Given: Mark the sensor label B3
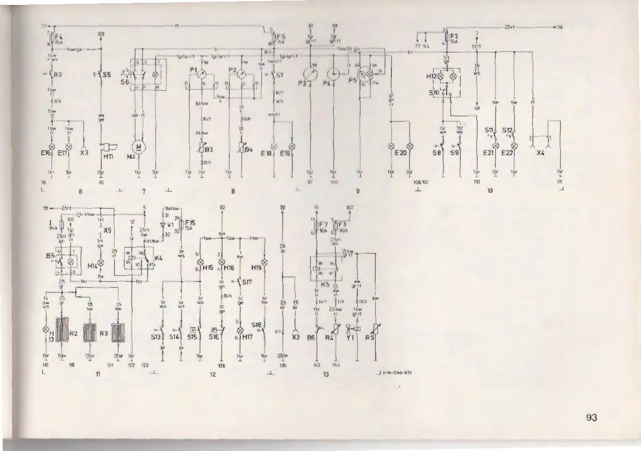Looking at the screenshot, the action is tap(209, 150).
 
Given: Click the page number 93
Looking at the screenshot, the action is tap(591, 417).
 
